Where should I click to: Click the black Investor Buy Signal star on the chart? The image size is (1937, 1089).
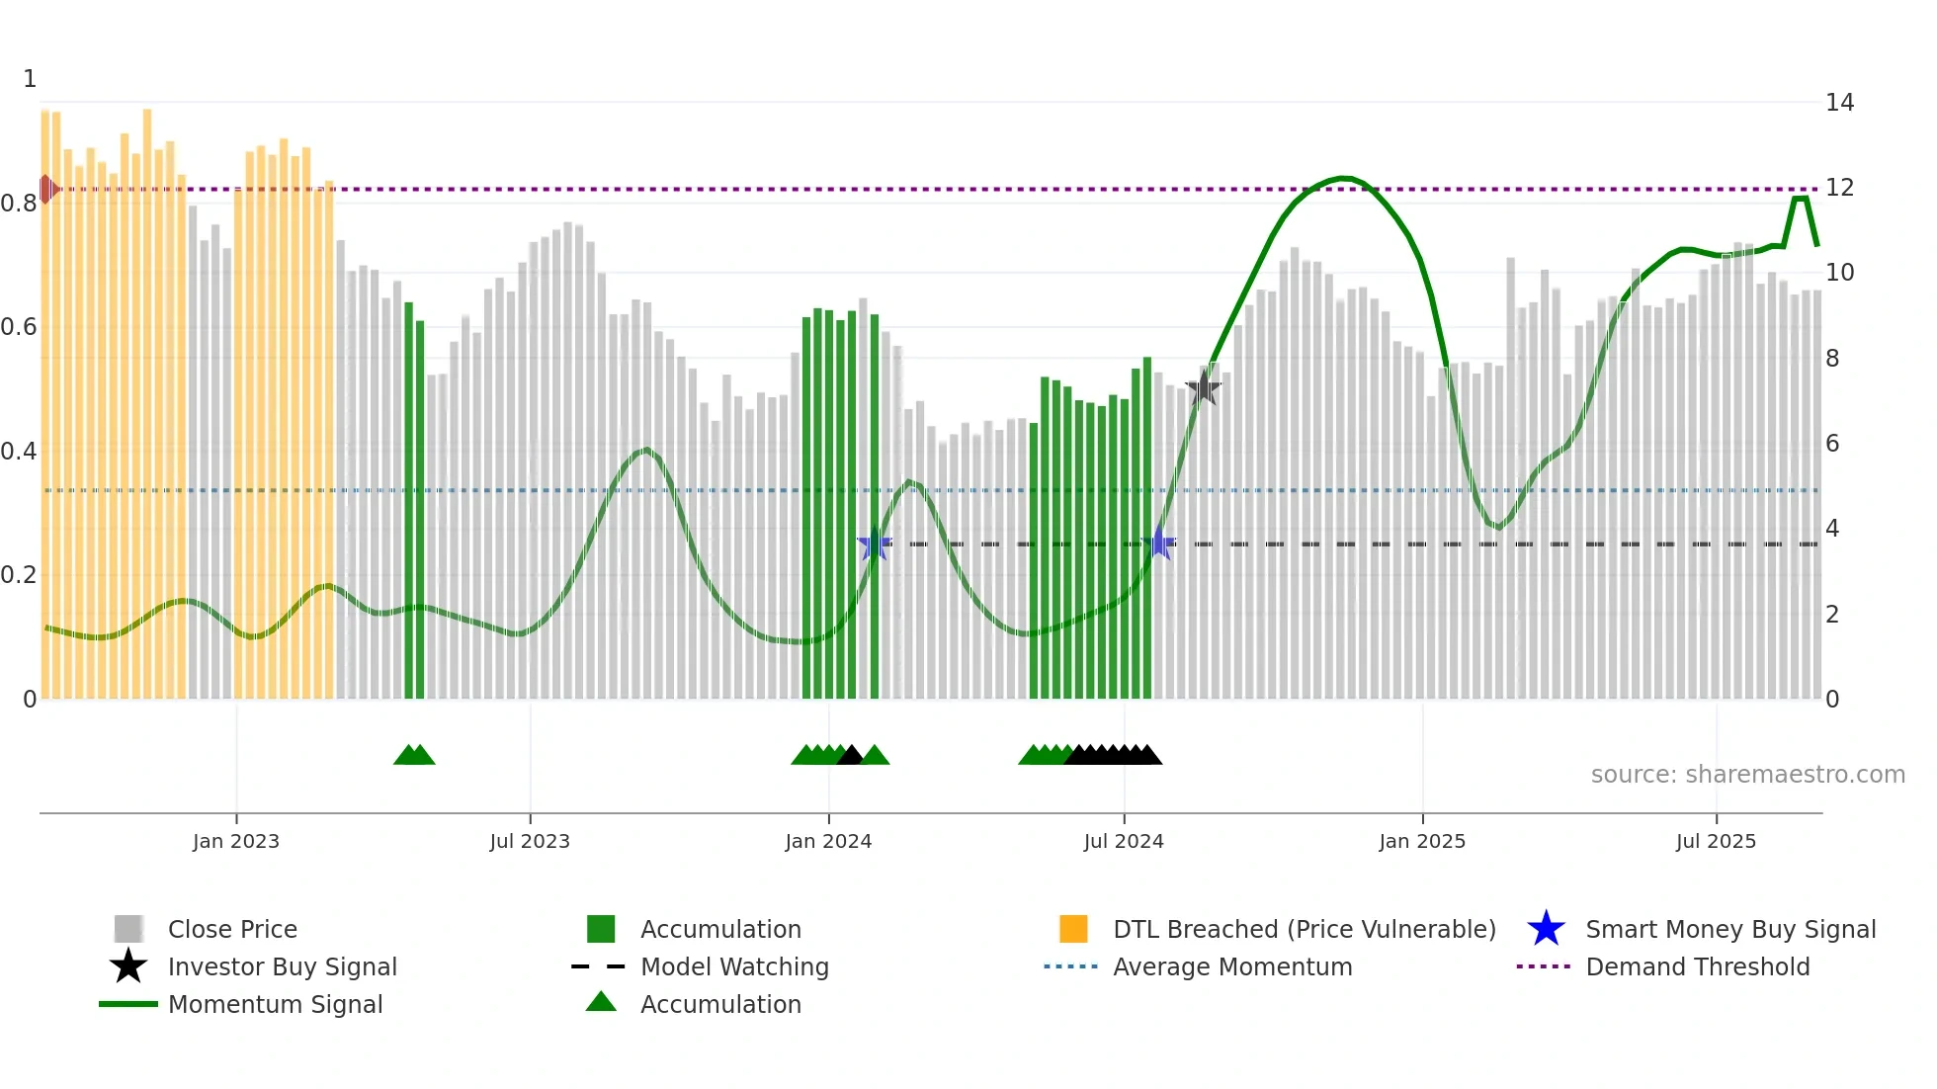1203,388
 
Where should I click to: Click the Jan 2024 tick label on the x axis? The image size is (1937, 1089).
828,841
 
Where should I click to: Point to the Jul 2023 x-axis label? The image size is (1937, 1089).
530,841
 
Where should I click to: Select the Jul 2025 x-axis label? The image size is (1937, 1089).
1716,841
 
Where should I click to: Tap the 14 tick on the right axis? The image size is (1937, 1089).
1839,103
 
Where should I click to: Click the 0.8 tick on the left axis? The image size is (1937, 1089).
19,204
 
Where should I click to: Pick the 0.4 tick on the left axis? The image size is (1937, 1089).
19,452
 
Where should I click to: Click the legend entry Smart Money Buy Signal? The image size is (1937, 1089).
1729,929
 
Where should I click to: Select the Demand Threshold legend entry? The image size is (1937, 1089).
1697,966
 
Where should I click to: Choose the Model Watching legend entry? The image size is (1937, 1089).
733,966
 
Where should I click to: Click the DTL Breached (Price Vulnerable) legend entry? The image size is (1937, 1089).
1304,929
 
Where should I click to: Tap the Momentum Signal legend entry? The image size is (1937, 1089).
275,1004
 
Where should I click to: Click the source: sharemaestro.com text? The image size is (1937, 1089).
1747,775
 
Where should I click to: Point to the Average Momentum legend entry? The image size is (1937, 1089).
1231,966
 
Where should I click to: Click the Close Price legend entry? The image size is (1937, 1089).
231,929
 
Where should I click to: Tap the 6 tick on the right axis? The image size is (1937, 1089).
1832,444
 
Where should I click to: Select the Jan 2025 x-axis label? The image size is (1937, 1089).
1421,841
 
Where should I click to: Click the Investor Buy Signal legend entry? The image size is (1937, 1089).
282,966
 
